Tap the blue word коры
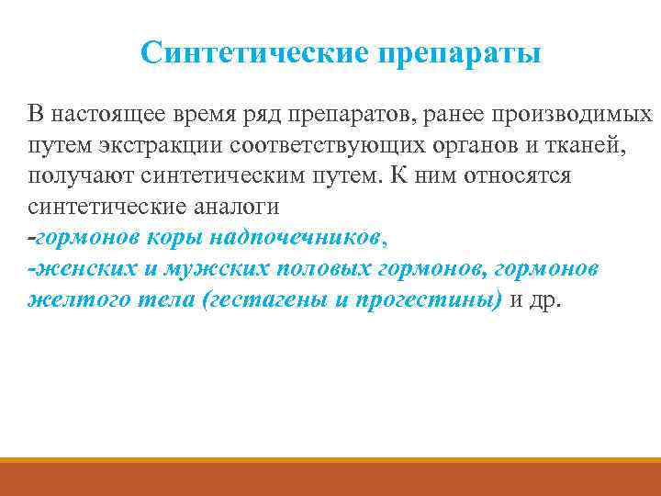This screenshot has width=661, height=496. (173, 237)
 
